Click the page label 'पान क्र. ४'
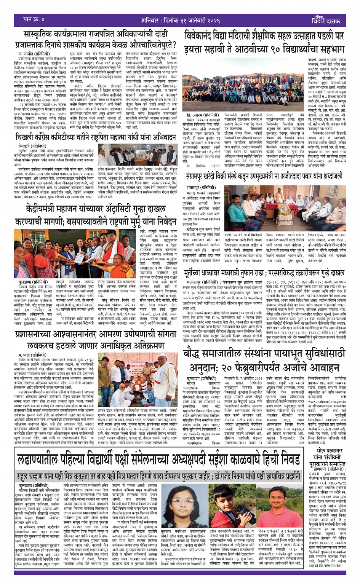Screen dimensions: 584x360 pos(34,19)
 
